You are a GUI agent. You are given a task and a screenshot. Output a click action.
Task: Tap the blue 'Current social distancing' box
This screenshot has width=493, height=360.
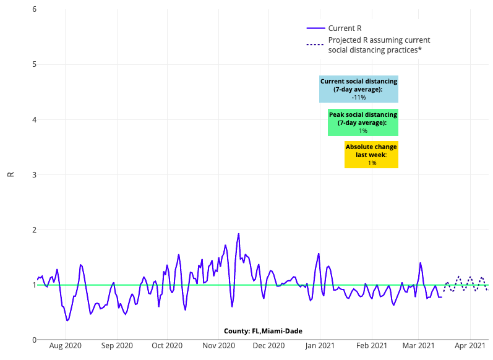tap(359, 89)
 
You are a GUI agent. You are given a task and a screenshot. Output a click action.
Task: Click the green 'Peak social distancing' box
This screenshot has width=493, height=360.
tap(363, 122)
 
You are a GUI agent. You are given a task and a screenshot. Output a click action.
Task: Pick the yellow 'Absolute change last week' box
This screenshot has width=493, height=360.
tap(371, 155)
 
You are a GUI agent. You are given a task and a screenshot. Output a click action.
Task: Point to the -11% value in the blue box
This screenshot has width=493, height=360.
tap(359, 98)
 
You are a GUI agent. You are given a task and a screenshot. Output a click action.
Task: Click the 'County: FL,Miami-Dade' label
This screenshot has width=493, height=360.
tap(263, 332)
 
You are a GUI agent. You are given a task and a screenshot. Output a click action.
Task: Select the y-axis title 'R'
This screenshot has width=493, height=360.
tap(11, 174)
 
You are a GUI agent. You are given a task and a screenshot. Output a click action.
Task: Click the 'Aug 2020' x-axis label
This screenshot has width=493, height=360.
tap(66, 346)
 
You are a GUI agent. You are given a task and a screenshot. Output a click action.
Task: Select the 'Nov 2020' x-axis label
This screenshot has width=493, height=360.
tap(218, 346)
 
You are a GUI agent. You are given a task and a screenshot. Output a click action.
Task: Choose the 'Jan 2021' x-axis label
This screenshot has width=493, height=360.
tap(320, 346)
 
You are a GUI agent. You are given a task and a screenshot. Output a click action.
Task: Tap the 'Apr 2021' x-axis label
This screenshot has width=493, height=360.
tap(471, 346)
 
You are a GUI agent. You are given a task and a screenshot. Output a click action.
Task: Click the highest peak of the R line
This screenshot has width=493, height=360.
tap(239, 234)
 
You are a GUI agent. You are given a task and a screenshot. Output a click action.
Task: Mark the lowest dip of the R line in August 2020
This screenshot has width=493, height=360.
tap(67, 320)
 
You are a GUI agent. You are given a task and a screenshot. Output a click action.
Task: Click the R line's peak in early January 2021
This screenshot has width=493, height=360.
tap(319, 254)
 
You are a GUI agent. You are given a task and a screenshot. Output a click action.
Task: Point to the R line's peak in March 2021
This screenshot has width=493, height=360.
tap(421, 263)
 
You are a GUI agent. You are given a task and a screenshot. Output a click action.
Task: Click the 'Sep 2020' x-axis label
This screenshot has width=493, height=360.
tap(117, 346)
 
